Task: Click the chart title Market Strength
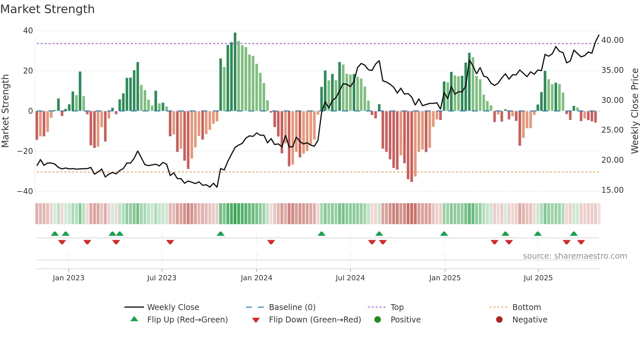[47, 9]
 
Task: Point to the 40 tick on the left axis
[28, 31]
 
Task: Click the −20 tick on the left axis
[25, 151]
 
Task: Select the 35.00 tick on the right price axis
[612, 70]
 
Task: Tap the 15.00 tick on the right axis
[612, 190]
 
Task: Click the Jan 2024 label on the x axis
[256, 278]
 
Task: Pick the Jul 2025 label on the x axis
[538, 278]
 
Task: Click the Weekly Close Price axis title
[634, 111]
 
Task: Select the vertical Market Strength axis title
[6, 111]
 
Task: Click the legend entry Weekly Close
[173, 307]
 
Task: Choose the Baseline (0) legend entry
[292, 307]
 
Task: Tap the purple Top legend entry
[397, 307]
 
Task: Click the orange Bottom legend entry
[526, 307]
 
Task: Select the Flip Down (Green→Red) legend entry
[315, 320]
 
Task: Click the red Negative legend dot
[499, 320]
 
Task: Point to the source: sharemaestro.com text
[575, 256]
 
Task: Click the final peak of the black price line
[599, 35]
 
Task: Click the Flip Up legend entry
[187, 320]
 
